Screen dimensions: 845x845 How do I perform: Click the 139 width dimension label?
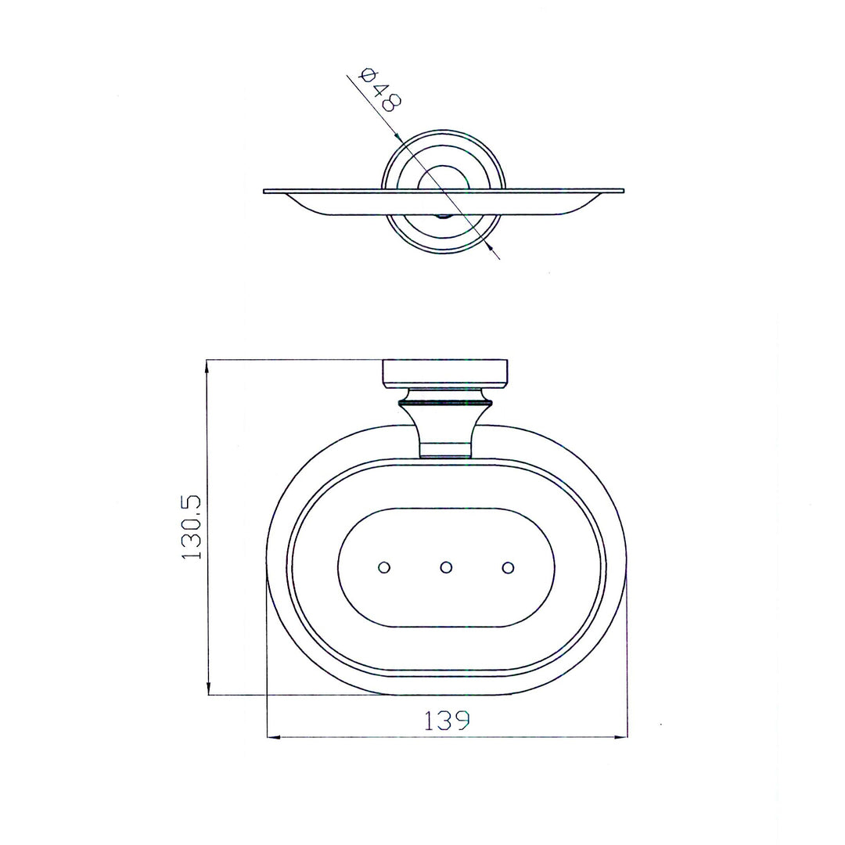[x=447, y=720]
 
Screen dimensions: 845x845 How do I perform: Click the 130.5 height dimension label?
[x=192, y=527]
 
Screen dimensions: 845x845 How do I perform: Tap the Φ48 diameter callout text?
[x=381, y=90]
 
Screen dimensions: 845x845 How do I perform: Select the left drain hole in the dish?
[x=384, y=567]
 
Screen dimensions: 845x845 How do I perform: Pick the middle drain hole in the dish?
[x=446, y=567]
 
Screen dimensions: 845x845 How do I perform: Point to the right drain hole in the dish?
[x=508, y=567]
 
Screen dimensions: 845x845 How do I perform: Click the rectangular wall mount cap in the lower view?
[x=446, y=373]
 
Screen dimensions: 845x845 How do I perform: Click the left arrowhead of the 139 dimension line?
[x=274, y=737]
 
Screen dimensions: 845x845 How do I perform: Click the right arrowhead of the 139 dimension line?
[x=621, y=737]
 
